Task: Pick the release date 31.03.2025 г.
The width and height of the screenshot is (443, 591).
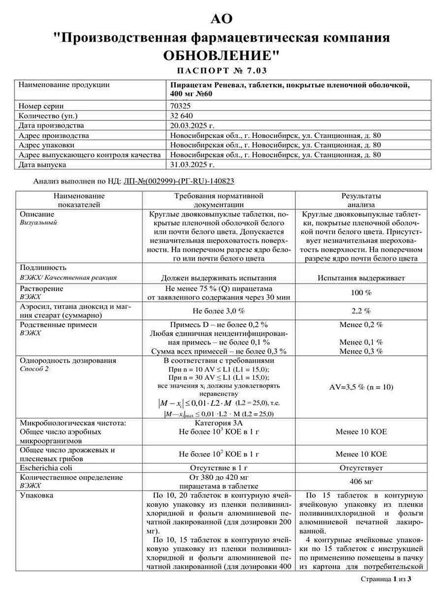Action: point(192,164)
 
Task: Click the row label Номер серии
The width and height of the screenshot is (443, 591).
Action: point(41,106)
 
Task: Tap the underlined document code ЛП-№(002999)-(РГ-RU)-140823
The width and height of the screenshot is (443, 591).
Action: point(179,181)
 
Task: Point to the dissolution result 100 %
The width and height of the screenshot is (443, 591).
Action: point(361,293)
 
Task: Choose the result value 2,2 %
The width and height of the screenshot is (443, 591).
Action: point(361,311)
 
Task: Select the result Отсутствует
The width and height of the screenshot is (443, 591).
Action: point(361,467)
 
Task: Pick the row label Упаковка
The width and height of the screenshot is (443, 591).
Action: point(37,495)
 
